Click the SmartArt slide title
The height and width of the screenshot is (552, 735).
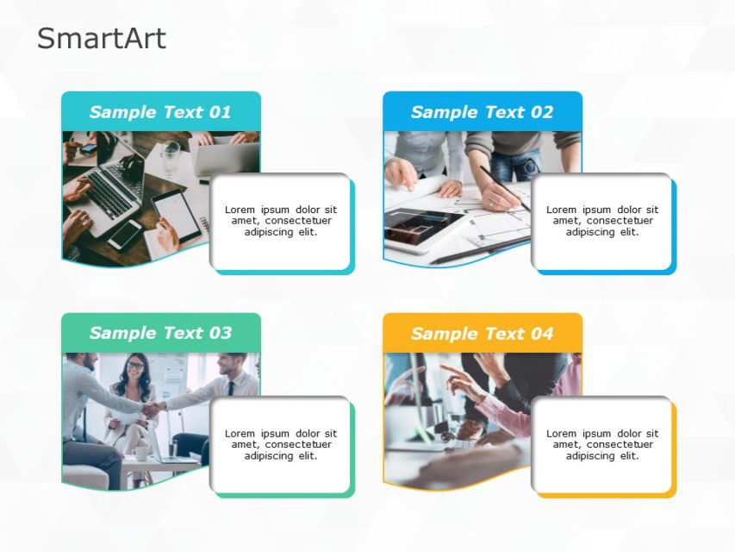(101, 39)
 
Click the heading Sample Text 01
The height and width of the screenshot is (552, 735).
(160, 112)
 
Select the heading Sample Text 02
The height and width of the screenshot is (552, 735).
(482, 112)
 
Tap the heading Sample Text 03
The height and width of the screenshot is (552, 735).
(160, 333)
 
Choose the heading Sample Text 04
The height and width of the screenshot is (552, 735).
(482, 334)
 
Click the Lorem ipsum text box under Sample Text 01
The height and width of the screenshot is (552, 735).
(281, 221)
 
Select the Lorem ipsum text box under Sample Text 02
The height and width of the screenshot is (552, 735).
(602, 221)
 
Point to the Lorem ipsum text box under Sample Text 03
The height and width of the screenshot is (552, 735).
(281, 444)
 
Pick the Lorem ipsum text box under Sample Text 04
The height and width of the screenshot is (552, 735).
(602, 444)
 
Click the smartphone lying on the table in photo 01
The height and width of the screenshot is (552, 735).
(125, 234)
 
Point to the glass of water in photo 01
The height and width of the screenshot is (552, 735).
(171, 155)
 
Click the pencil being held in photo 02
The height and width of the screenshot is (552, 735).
(504, 187)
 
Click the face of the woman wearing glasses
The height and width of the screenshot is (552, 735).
(135, 367)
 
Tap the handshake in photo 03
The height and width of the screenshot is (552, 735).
(153, 409)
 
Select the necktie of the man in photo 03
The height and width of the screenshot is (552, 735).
(229, 387)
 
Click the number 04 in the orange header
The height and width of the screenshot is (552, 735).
(541, 334)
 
